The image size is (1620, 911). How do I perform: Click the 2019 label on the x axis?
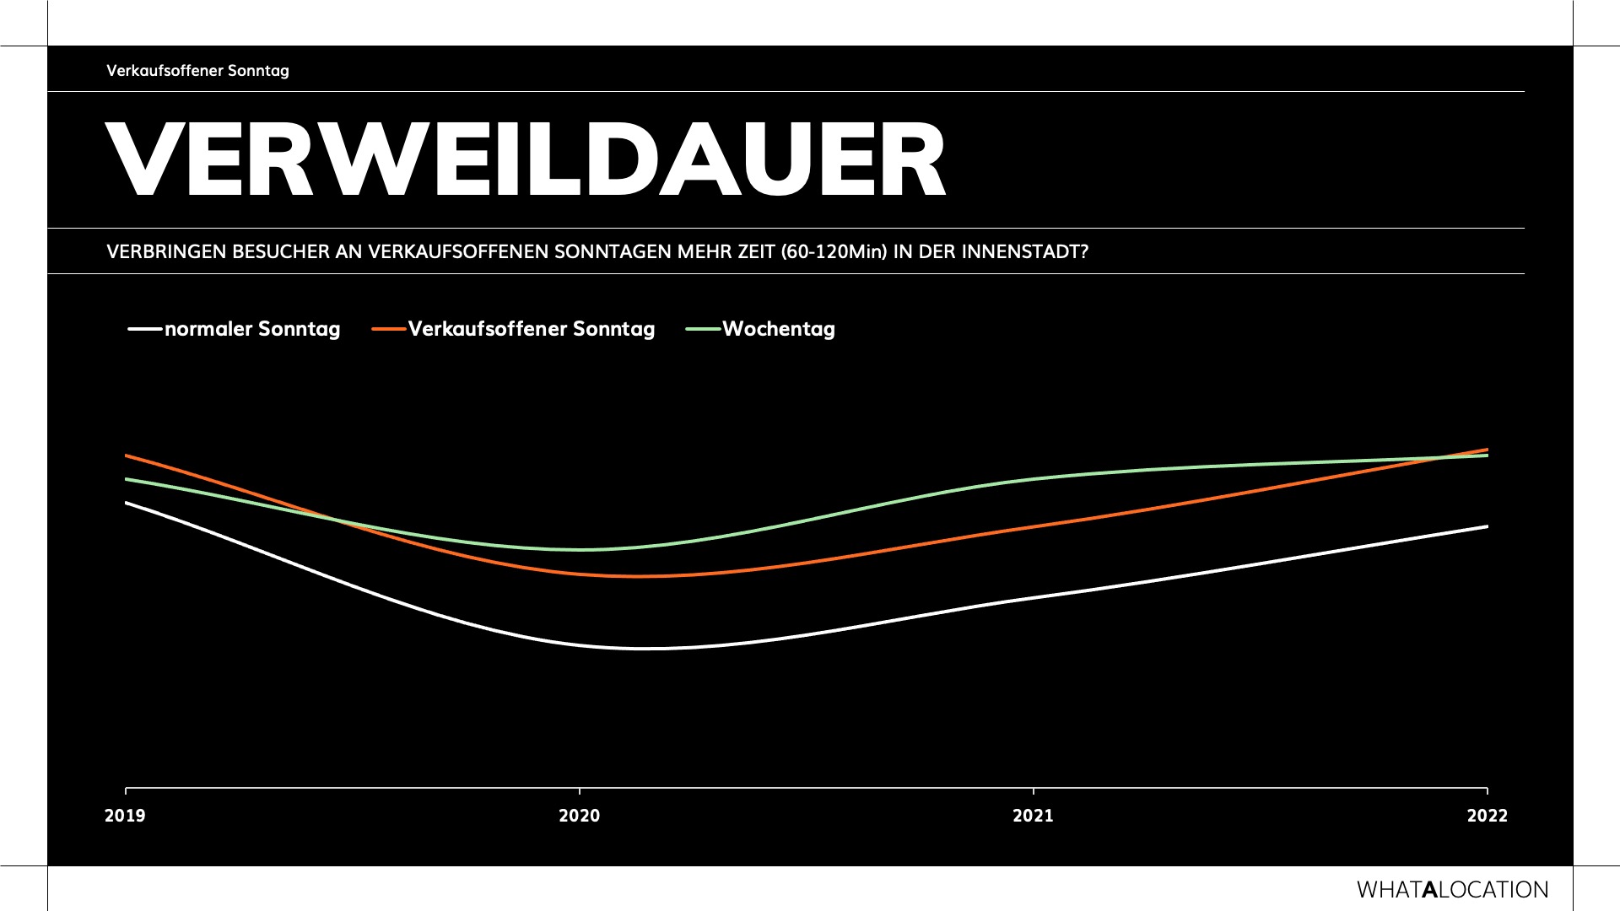point(125,816)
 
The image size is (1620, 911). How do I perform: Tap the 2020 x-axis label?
point(580,816)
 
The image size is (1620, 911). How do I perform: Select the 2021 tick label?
point(1034,816)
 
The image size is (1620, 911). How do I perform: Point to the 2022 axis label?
point(1487,816)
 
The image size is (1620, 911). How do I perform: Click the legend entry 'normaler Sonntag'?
point(252,329)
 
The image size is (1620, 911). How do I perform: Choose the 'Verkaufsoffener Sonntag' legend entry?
point(532,329)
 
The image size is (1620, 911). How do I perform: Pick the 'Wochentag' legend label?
point(778,329)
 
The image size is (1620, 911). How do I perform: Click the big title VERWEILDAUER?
point(526,160)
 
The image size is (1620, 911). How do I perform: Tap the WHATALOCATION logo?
point(1452,890)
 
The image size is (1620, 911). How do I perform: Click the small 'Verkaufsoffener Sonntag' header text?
point(197,71)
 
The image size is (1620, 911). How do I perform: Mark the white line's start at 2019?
point(127,503)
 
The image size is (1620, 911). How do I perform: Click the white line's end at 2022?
point(1487,526)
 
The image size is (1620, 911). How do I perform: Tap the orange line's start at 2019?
point(127,455)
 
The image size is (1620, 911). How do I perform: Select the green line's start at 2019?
point(127,479)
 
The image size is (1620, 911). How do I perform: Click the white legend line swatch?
point(144,329)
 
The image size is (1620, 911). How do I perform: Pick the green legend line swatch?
point(703,329)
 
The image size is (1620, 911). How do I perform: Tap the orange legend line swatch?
point(388,329)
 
